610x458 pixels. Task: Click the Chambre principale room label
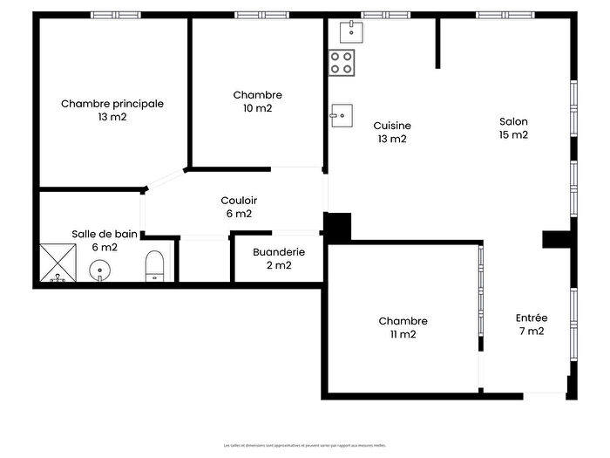tap(112, 104)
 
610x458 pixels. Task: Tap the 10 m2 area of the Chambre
tap(258, 109)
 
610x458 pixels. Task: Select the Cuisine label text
tap(392, 126)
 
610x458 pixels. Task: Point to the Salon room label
tap(513, 122)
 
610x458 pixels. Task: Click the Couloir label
tap(238, 201)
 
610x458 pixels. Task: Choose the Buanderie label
tap(279, 252)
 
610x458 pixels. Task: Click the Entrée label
tap(531, 318)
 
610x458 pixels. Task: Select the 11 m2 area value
tap(403, 334)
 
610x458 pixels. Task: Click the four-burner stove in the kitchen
tap(342, 62)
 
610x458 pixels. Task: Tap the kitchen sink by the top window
tap(352, 32)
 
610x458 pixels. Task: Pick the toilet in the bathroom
tap(154, 266)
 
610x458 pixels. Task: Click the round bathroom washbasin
tap(103, 270)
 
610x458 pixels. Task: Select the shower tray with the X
tap(57, 263)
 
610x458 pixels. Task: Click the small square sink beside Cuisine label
tap(342, 114)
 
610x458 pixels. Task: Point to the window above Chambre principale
tap(116, 15)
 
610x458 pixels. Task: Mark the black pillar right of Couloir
tap(337, 226)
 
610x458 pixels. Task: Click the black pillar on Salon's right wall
tap(555, 239)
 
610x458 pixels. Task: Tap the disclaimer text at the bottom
tap(305, 445)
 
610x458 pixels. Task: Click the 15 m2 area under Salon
tap(513, 135)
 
